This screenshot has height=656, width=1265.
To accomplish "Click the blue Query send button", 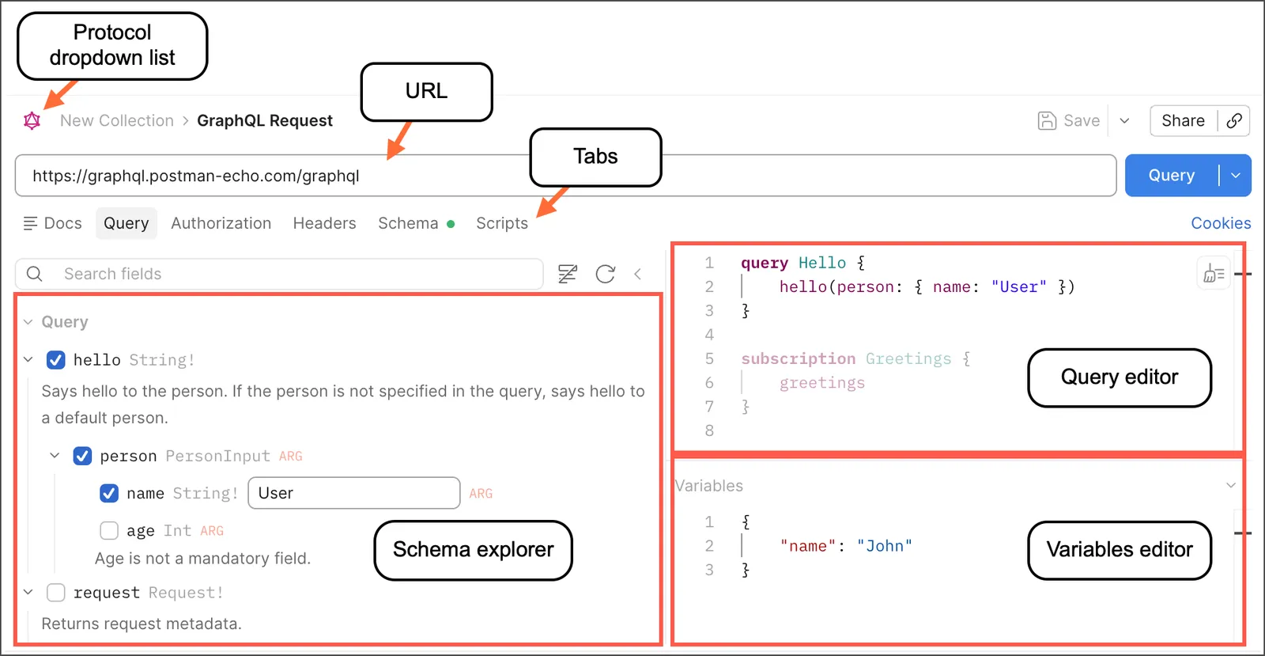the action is [1171, 175].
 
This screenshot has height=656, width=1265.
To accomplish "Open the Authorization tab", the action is [221, 223].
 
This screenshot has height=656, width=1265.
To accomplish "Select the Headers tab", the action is [324, 223].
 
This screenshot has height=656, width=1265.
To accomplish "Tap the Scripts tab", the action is [502, 223].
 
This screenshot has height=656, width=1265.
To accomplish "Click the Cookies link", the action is [1221, 223].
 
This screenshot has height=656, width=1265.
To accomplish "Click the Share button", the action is [1183, 120].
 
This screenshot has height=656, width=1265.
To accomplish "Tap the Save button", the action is [1069, 120].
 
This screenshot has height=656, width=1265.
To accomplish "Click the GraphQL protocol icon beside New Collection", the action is [32, 120].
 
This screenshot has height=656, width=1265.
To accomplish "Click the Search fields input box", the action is [280, 274].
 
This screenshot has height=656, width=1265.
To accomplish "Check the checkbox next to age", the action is [109, 530].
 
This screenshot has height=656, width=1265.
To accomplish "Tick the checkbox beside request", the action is [56, 593].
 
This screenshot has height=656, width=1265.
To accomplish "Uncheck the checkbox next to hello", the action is [56, 360].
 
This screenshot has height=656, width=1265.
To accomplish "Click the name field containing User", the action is [354, 493].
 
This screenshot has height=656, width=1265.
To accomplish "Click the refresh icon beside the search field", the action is [606, 274].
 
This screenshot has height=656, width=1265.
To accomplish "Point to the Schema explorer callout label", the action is [474, 550].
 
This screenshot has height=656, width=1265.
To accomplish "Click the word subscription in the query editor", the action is [798, 358].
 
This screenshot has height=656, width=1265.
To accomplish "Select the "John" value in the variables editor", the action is [885, 546].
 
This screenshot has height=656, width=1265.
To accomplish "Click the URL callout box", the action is [426, 92].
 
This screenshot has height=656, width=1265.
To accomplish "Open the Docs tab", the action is [52, 223].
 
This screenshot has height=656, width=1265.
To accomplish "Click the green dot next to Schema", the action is [451, 224].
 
